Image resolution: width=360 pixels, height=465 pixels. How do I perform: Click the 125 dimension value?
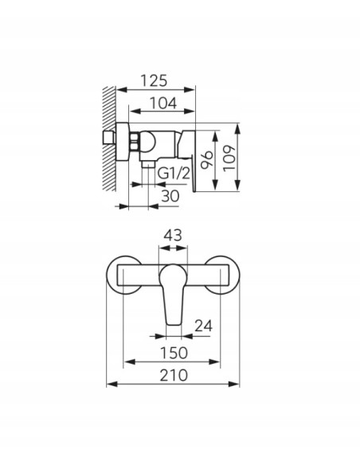point(154,80)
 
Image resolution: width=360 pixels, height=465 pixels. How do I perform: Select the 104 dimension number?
point(163,104)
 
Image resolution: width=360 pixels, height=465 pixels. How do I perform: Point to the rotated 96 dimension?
point(207,160)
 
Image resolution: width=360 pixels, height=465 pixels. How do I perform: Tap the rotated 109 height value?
point(229,158)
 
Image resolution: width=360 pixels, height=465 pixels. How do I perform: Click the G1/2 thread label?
point(174,174)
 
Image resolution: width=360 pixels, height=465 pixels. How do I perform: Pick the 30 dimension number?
point(170,196)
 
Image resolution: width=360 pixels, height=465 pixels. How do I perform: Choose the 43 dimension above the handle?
point(173,236)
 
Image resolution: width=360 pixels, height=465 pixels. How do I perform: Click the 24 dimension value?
point(203,326)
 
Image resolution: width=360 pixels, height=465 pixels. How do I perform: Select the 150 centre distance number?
point(174,353)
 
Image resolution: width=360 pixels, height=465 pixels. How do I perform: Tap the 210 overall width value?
point(174,375)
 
